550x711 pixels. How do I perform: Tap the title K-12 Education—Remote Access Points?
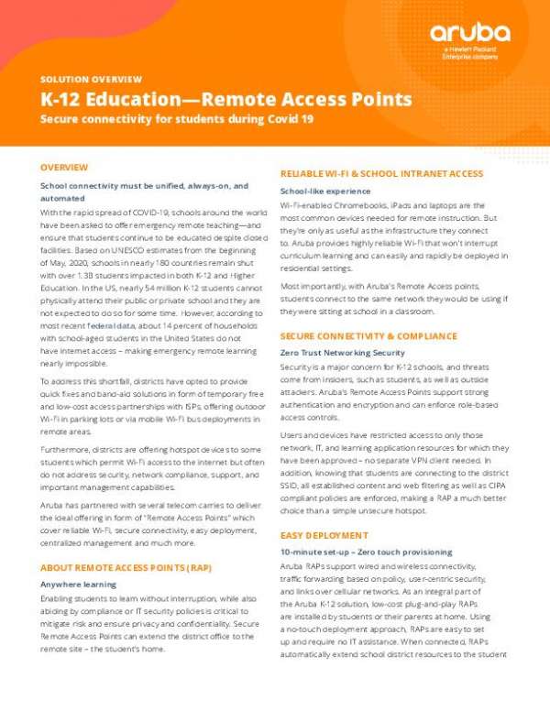(225, 100)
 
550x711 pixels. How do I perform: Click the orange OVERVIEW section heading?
(64, 168)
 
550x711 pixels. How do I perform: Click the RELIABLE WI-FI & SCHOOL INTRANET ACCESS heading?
(381, 173)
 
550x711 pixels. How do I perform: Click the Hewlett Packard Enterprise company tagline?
(467, 53)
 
